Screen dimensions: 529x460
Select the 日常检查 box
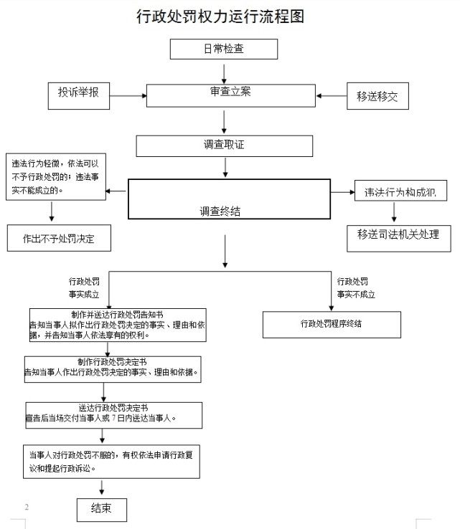[x=223, y=49]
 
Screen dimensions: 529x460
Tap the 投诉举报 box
[x=78, y=94]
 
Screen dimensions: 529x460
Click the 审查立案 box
[x=230, y=95]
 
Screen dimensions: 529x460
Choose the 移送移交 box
[x=377, y=96]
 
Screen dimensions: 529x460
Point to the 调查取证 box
[x=225, y=146]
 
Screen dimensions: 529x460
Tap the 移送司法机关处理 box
[x=398, y=235]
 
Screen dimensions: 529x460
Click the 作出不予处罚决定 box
[x=59, y=239]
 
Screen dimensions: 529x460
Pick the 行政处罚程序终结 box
[x=331, y=324]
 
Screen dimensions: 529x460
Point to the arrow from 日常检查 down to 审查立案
[x=225, y=72]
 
